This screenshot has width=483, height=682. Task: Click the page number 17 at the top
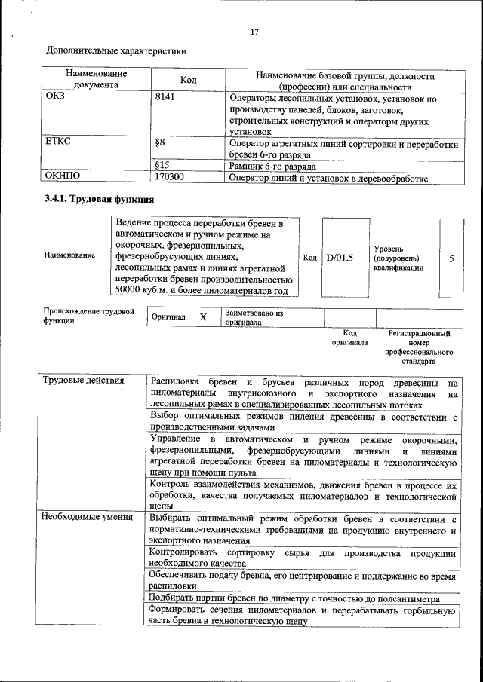coord(254,32)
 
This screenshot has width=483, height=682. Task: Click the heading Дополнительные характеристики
coord(116,51)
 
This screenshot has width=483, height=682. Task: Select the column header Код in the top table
coord(188,80)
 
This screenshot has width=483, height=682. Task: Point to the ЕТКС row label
coord(58,142)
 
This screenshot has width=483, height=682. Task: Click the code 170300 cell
coord(171,178)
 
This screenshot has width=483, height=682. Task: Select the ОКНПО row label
coord(63,178)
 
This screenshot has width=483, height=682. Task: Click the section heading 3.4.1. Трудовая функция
coord(100,200)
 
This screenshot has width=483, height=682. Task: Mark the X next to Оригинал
coord(203,317)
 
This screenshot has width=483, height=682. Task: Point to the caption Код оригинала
coord(349,338)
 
